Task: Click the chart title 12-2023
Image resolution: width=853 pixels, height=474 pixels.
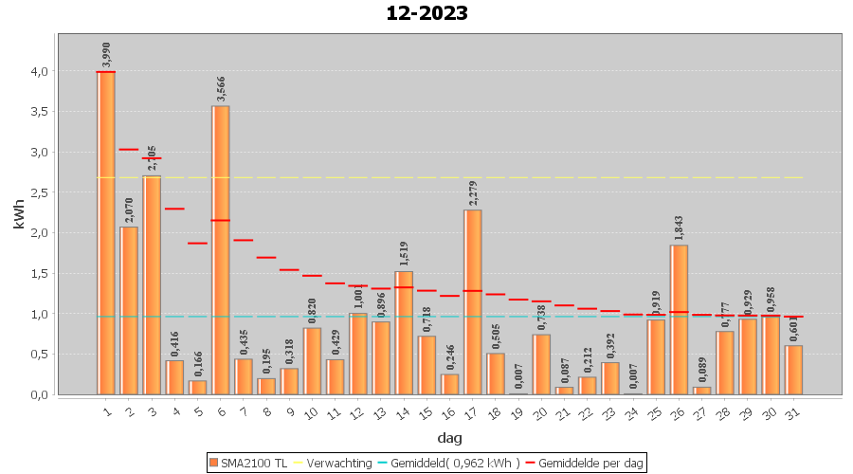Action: point(426,13)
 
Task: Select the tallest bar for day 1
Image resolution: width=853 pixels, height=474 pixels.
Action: point(106,232)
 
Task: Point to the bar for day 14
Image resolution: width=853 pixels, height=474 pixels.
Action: point(404,332)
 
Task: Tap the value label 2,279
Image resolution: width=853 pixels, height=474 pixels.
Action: point(473,193)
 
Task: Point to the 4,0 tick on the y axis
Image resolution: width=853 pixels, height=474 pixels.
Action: point(40,71)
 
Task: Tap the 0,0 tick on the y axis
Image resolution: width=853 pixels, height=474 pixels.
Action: point(40,394)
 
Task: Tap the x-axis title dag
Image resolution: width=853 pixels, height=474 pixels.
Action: point(449,438)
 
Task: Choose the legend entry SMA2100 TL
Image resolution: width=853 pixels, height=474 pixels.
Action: point(247,463)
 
